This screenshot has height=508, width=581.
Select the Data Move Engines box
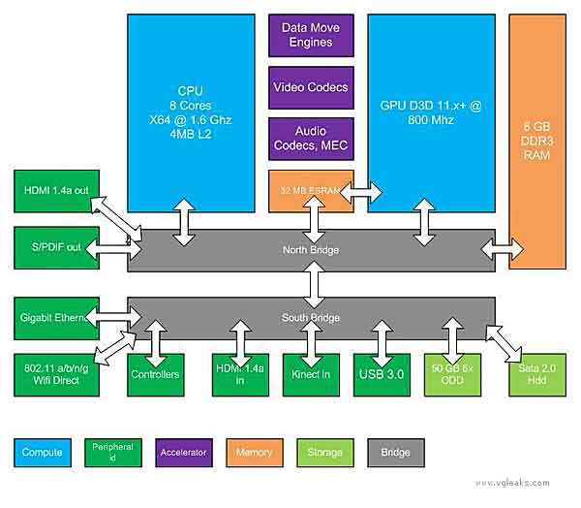312,36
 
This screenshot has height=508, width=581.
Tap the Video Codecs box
312,88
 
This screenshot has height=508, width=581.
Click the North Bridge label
312,250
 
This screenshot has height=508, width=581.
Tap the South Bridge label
312,317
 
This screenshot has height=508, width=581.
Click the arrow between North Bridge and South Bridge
312,284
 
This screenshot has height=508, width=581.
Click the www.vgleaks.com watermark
513,482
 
